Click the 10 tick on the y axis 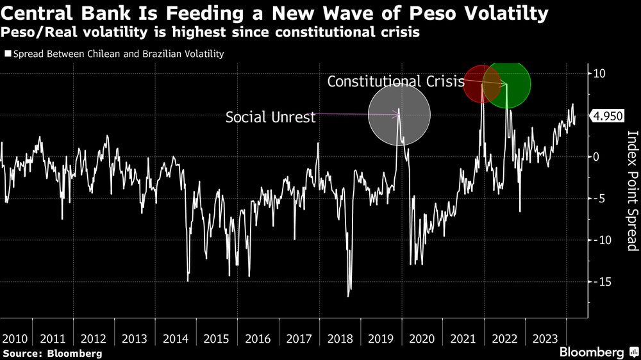click(x=600, y=73)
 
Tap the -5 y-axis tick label click(x=599, y=199)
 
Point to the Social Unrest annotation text click(x=271, y=117)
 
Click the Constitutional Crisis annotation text click(x=395, y=81)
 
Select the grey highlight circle click(x=399, y=116)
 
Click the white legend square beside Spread click(x=8, y=54)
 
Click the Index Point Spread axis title click(x=631, y=191)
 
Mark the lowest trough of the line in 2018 click(x=349, y=296)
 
